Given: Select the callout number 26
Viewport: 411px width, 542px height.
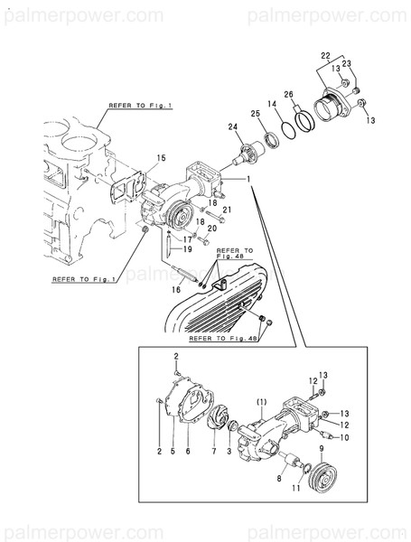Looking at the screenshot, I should point(289,94).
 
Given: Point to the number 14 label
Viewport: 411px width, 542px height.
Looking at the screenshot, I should point(271,104).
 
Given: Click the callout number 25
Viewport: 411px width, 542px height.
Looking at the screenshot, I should point(255,115).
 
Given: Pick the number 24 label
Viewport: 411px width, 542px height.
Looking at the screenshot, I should point(232,126).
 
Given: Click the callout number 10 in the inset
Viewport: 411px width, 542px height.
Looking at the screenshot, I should point(344,436).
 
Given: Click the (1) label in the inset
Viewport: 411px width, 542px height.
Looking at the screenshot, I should point(260,401).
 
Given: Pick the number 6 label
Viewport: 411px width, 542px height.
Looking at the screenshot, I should point(187,451).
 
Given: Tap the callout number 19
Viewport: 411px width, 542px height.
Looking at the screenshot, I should point(187,248).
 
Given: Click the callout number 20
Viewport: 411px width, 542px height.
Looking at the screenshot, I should point(211,229).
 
